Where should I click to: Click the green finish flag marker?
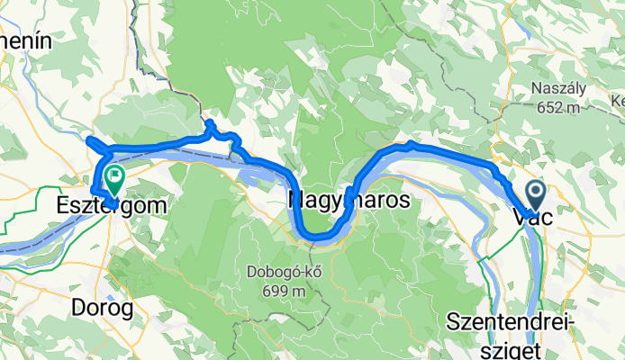pos(114,176)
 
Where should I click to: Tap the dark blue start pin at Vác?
pos(536,192)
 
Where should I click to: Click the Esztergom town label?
pos(112,205)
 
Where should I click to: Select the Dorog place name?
pos(101,308)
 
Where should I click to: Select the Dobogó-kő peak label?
pos(279,271)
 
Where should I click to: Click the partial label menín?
pos(27,40)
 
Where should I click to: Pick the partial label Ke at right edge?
pos(617,100)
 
